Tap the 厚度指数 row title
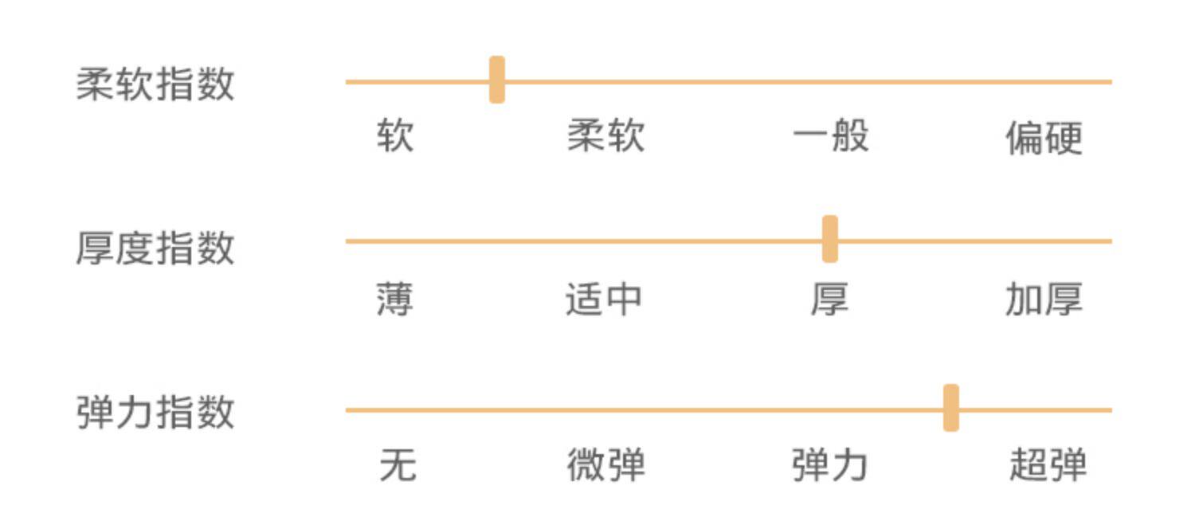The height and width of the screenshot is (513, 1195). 155,248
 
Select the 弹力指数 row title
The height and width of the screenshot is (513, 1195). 155,413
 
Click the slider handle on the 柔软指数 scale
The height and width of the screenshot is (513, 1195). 496,80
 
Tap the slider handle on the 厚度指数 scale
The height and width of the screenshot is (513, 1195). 829,239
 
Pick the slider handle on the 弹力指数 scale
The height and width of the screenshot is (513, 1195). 950,408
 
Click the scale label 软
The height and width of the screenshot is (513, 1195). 395,137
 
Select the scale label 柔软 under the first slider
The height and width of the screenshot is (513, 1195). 605,137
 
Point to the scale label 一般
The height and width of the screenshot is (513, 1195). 830,137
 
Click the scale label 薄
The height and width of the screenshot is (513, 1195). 395,301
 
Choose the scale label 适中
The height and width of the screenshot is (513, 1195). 604,300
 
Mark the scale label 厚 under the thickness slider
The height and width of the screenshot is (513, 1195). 830,301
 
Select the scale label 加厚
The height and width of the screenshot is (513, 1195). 1044,301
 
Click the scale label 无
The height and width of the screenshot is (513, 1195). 398,465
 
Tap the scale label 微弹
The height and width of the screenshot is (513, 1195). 605,465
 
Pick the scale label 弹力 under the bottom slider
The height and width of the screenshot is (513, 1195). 829,465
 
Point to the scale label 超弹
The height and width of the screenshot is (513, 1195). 1048,465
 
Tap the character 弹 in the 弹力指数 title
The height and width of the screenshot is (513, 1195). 96,413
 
